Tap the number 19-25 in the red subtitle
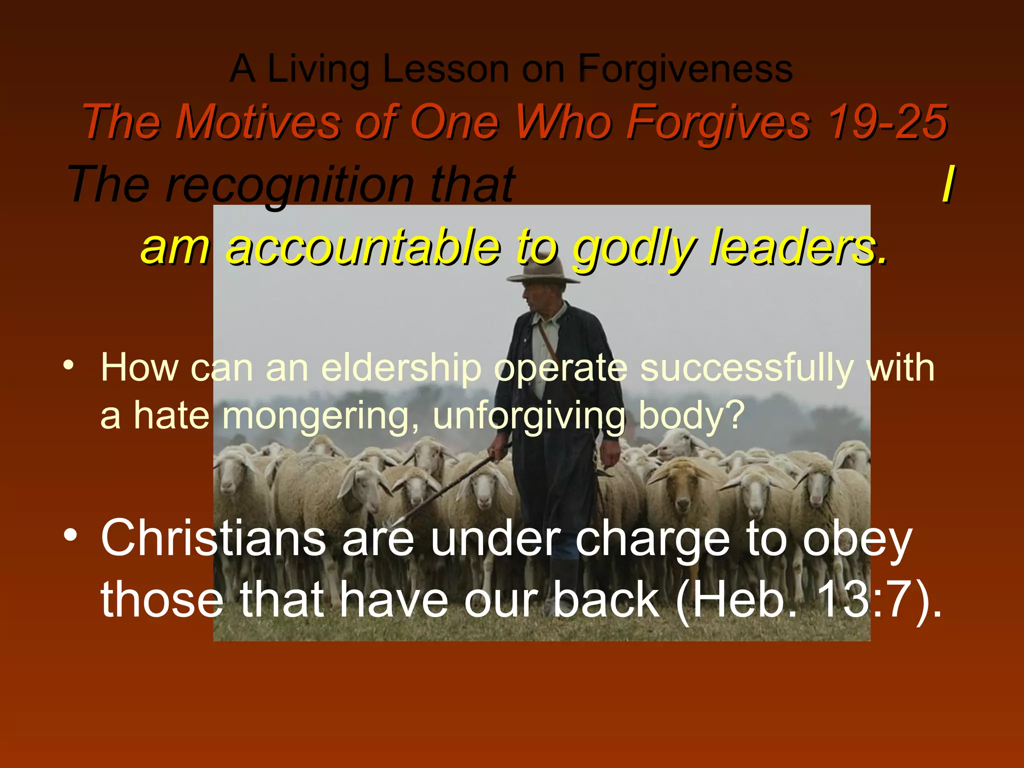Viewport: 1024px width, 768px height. [x=886, y=122]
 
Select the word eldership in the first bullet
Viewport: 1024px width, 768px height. [x=401, y=368]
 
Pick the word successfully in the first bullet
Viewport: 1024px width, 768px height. [x=746, y=368]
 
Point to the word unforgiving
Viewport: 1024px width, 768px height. [x=529, y=416]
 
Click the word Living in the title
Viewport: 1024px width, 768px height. [x=318, y=68]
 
